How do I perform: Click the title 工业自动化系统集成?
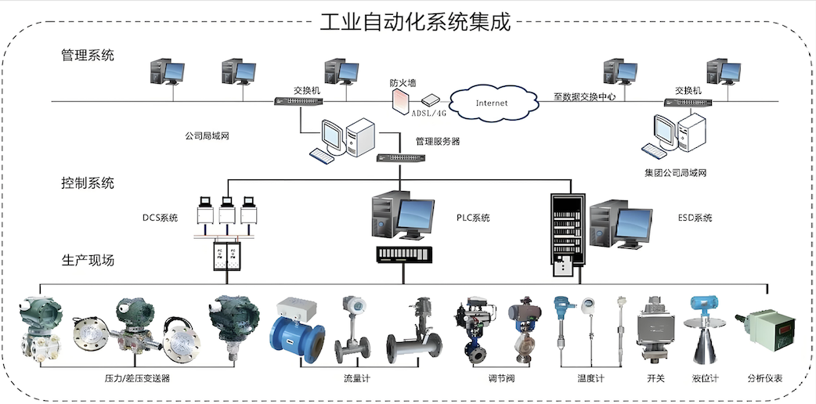coord(415,21)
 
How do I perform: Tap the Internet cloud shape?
coord(491,103)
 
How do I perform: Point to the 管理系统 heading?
coord(88,56)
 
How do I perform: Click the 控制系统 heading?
coord(88,183)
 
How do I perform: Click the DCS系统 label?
coord(160,218)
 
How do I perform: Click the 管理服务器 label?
coord(437,142)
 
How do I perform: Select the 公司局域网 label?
coord(207,135)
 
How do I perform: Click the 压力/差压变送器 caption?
coord(137,379)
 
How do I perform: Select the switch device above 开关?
coord(654,329)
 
